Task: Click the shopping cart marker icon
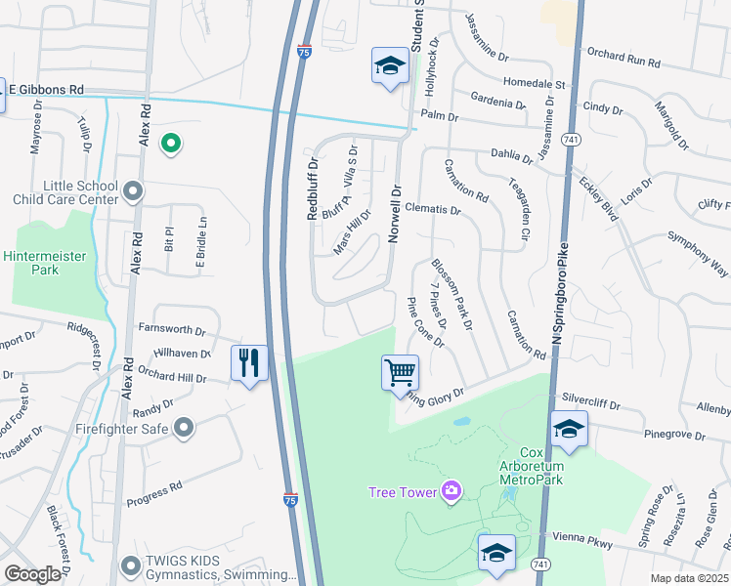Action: pyautogui.click(x=400, y=372)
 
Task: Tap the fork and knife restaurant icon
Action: pyautogui.click(x=249, y=362)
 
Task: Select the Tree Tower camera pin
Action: pyautogui.click(x=451, y=490)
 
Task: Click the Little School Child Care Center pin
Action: pyautogui.click(x=134, y=192)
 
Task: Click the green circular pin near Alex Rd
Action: pyautogui.click(x=171, y=145)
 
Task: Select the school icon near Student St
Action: pyautogui.click(x=389, y=66)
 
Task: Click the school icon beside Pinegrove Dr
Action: pyautogui.click(x=569, y=429)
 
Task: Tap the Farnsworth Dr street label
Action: pyautogui.click(x=172, y=331)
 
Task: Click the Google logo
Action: pyautogui.click(x=32, y=574)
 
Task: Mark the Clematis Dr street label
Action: pyautogui.click(x=432, y=209)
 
